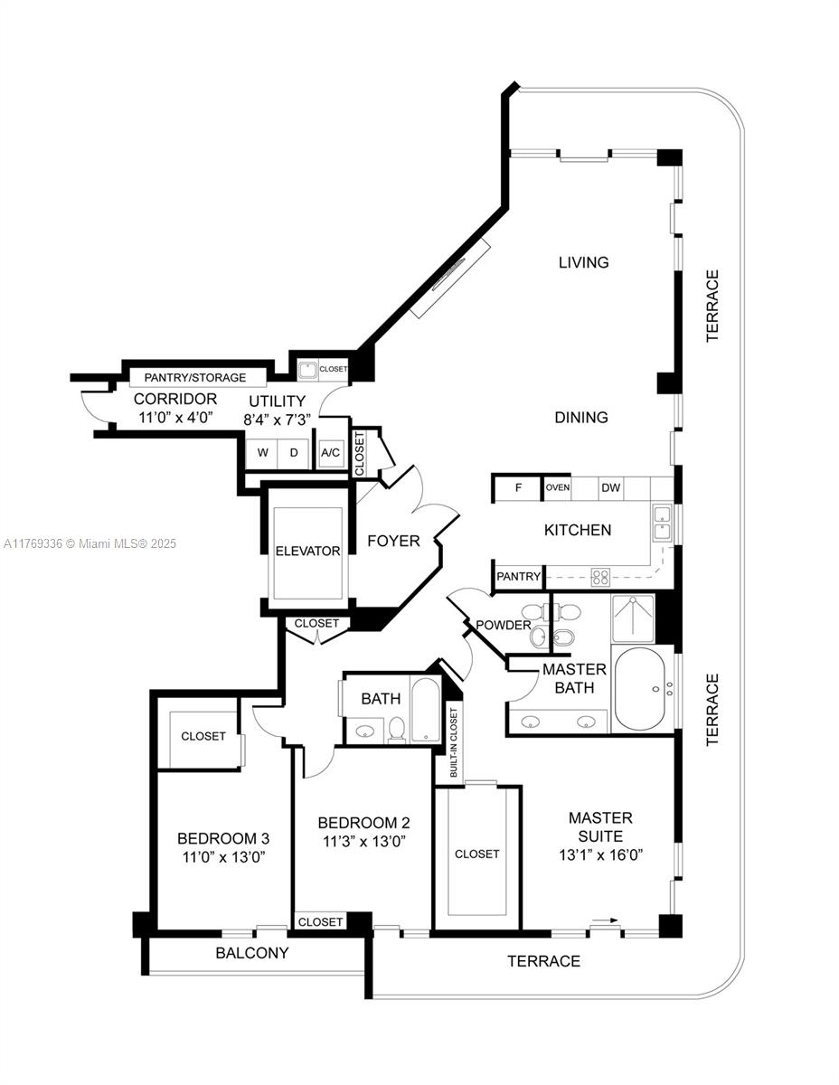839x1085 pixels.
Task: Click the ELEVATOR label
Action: click(x=308, y=551)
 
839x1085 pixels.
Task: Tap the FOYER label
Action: click(x=393, y=541)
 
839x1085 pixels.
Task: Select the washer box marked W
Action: click(x=263, y=453)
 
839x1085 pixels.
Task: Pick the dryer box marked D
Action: click(x=294, y=453)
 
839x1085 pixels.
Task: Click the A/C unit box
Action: click(x=330, y=453)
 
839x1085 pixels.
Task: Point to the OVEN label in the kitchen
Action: click(x=557, y=488)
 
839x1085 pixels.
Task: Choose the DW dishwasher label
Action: click(x=611, y=488)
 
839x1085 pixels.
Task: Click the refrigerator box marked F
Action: click(x=519, y=488)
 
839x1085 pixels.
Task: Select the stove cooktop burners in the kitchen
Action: click(x=600, y=575)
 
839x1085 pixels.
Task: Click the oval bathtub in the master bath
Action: click(x=641, y=689)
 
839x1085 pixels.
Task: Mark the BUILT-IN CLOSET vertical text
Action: click(x=453, y=744)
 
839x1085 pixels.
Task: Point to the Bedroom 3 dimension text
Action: click(x=222, y=855)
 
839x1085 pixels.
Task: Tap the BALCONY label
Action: click(x=252, y=953)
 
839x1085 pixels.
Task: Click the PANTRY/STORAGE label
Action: click(x=194, y=377)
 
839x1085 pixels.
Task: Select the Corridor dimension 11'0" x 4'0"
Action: click(x=174, y=418)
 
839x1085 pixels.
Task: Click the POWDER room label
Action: click(x=504, y=625)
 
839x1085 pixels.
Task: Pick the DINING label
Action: click(x=582, y=418)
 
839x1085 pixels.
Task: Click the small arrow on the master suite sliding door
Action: click(x=607, y=920)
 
